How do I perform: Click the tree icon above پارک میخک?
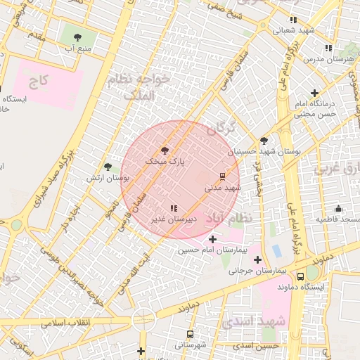[x=165, y=150]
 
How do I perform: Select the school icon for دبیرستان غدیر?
[x=174, y=208]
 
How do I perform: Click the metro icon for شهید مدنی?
[x=223, y=176]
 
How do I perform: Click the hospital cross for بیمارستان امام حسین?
[x=213, y=240]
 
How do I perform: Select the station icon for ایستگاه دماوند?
[x=301, y=276]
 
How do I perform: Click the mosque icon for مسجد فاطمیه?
[x=338, y=209]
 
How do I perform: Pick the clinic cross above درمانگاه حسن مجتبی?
[x=314, y=93]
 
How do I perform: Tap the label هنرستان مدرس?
[x=333, y=60]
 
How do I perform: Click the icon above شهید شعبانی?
[x=293, y=20]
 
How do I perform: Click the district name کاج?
[x=39, y=82]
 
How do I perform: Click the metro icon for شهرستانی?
[x=190, y=335]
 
